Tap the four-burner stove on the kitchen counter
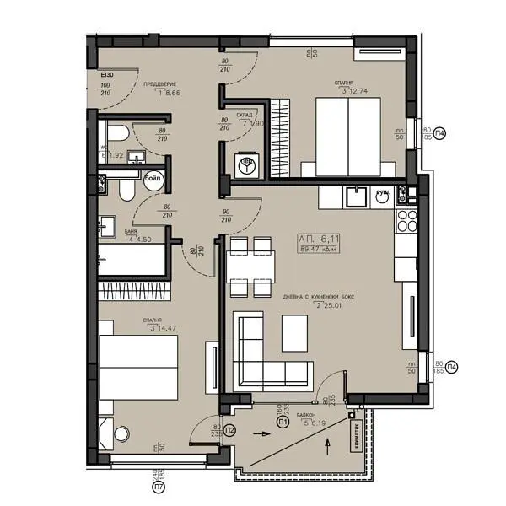click(406, 221)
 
